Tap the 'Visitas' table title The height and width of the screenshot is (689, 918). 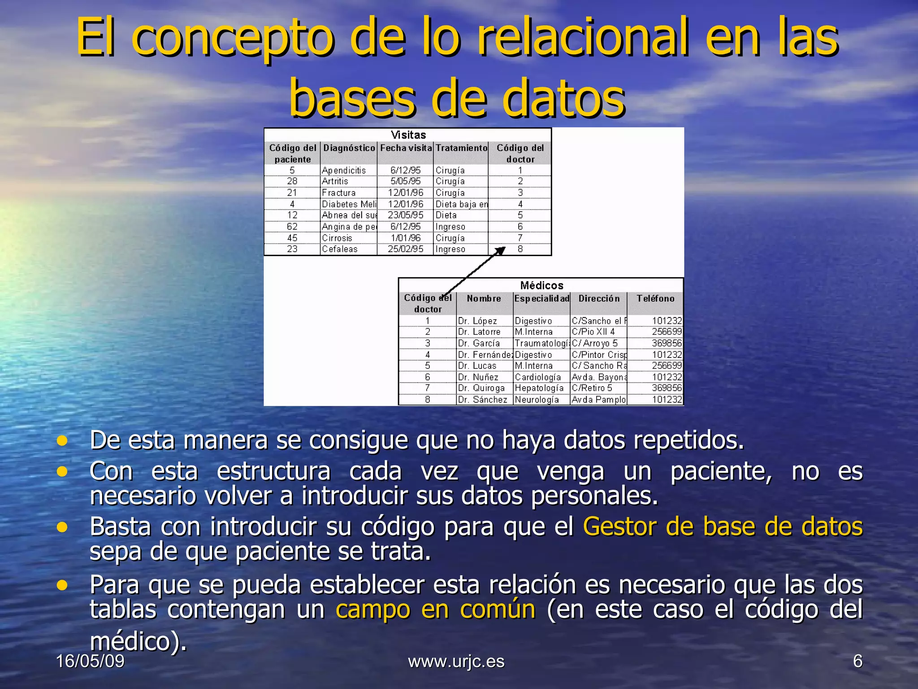click(x=408, y=135)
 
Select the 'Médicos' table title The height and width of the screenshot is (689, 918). click(x=541, y=285)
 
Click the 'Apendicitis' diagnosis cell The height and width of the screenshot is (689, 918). click(x=344, y=170)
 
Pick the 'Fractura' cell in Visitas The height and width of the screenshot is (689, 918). click(x=339, y=193)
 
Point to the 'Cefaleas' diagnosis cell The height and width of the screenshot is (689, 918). click(x=340, y=249)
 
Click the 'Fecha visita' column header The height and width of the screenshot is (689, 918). click(x=406, y=148)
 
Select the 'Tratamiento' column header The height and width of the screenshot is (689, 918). click(x=461, y=148)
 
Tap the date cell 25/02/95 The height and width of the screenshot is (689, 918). click(x=405, y=249)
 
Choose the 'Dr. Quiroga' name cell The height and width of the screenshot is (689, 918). click(x=481, y=388)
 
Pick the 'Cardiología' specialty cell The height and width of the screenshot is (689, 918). click(x=537, y=377)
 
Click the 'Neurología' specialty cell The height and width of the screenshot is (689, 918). click(x=537, y=400)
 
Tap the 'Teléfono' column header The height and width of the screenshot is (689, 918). click(x=655, y=299)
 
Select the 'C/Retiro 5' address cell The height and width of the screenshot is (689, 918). click(x=592, y=388)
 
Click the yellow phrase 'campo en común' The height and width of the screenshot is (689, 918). click(x=435, y=610)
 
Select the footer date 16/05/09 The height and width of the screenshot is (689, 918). click(x=90, y=661)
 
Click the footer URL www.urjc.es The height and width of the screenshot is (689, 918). click(x=456, y=661)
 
